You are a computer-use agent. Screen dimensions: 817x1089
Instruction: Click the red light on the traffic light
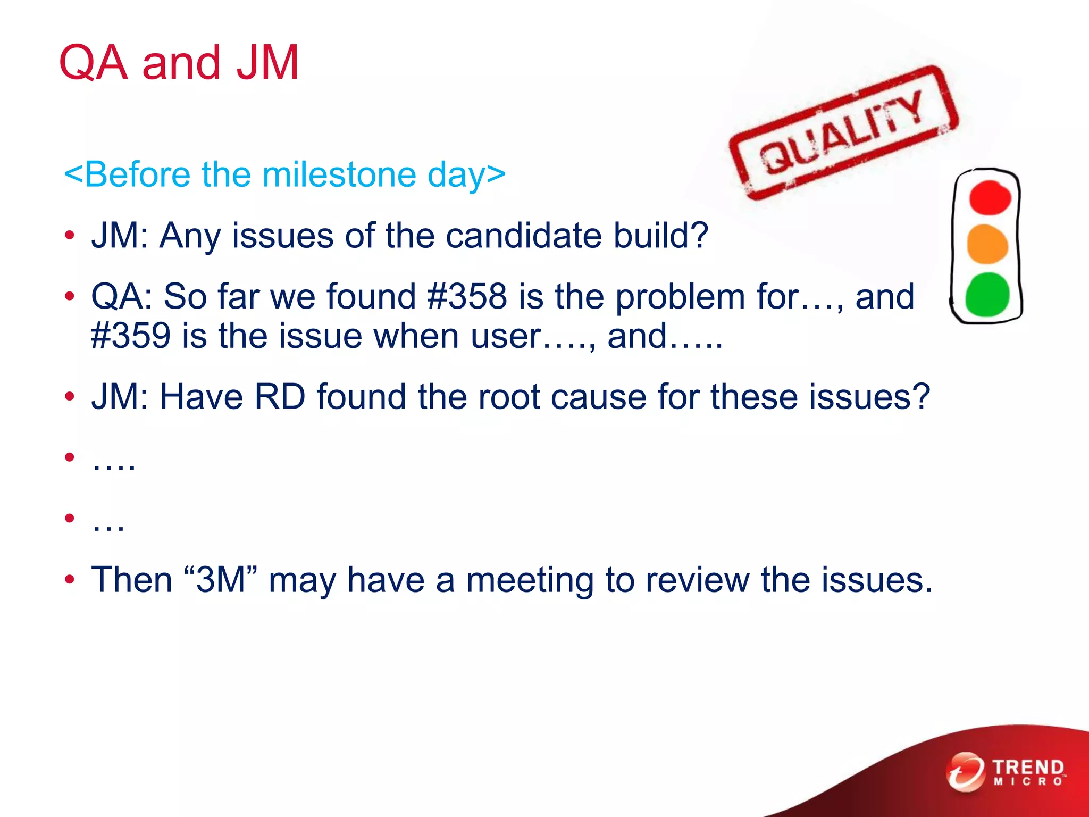tap(989, 198)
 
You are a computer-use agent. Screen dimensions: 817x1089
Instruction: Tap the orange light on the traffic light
tap(987, 244)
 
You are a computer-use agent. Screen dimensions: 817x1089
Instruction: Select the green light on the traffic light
tap(987, 294)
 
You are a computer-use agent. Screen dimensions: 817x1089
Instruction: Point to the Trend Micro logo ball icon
tap(965, 772)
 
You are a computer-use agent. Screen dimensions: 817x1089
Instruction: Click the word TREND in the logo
tap(1028, 767)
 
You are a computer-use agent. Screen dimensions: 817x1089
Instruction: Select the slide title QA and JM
tap(179, 63)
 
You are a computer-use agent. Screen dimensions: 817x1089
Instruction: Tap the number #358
tap(467, 296)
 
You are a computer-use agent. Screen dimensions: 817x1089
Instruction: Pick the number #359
tap(131, 336)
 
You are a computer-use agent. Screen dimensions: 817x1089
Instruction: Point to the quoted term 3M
tap(221, 579)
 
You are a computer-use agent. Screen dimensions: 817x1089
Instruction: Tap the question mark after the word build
tap(698, 235)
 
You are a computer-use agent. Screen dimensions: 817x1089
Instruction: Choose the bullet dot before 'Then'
tap(70, 579)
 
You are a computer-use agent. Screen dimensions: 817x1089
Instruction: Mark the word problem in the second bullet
tap(680, 296)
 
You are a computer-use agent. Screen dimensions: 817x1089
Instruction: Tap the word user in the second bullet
tap(505, 336)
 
